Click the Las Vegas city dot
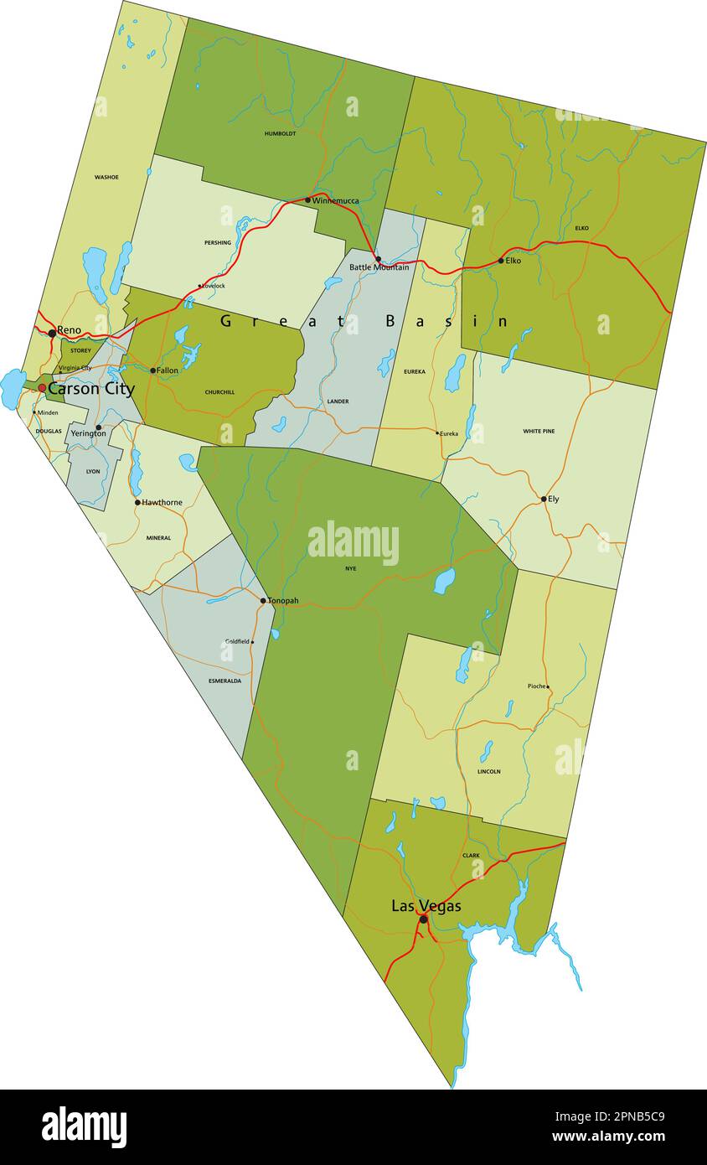coord(423,919)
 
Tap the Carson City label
coord(90,389)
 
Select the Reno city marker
coord(52,333)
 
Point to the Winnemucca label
coord(335,200)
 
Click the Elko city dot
coord(501,261)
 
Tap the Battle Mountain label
coord(379,267)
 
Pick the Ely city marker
coord(544,499)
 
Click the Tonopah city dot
coord(263,601)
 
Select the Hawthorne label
coord(162,503)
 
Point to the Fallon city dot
coord(152,370)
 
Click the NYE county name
coord(350,568)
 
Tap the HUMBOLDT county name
coord(280,133)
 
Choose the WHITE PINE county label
coord(539,432)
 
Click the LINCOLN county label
coord(488,771)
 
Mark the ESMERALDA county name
coord(224,681)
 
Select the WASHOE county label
coord(106,178)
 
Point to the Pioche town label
coord(536,686)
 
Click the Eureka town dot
coord(437,433)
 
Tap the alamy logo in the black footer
coord(84,1126)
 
